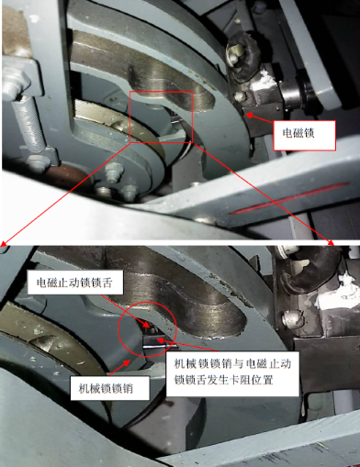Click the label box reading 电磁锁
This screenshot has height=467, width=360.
pyautogui.click(x=304, y=135)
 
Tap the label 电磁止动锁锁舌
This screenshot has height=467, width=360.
pyautogui.click(x=75, y=283)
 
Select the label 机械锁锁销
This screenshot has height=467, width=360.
pyautogui.click(x=110, y=388)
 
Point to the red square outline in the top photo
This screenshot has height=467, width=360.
pyautogui.click(x=129, y=117)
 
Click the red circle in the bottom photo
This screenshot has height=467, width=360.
pyautogui.click(x=119, y=330)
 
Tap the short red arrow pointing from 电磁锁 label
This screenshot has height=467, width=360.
pyautogui.click(x=260, y=119)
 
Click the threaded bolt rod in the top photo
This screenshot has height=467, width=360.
pyautogui.click(x=29, y=123)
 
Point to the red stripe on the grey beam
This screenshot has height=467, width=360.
pyautogui.click(x=289, y=198)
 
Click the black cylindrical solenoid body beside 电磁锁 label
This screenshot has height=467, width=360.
pyautogui.click(x=301, y=91)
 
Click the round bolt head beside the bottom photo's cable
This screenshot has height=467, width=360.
pyautogui.click(x=291, y=319)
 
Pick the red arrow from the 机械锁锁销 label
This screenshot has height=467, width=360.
pyautogui.click(x=119, y=368)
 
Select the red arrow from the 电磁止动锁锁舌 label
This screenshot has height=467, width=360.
pyautogui.click(x=125, y=311)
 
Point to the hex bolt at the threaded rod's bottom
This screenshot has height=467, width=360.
pyautogui.click(x=38, y=161)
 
